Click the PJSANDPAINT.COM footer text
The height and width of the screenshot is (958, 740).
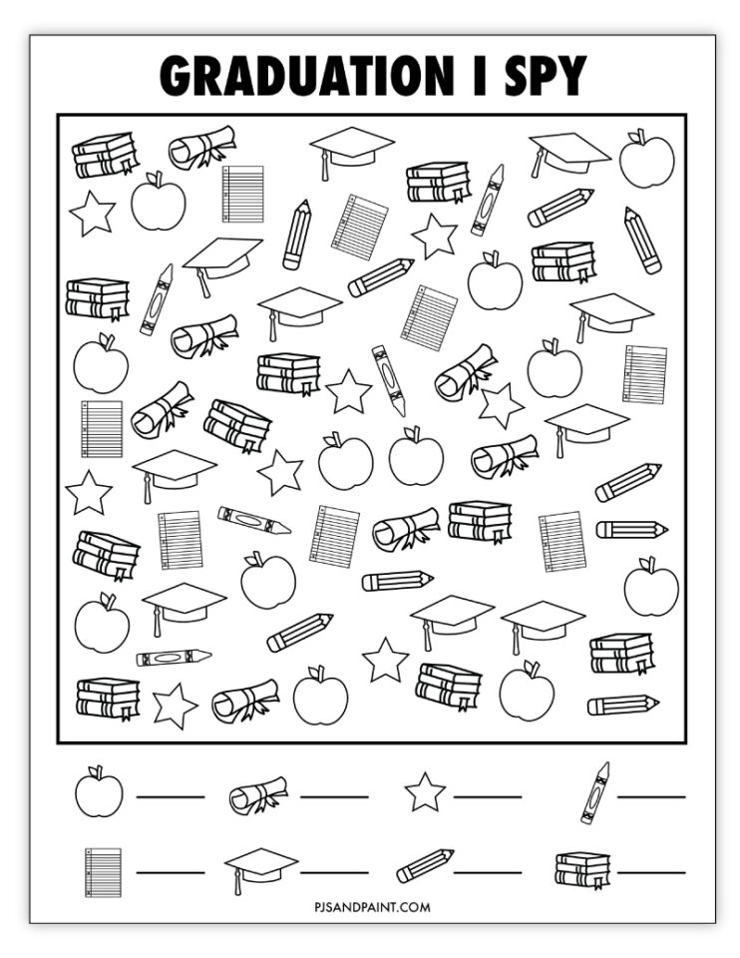point(370,907)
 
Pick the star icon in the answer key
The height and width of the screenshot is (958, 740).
point(425,793)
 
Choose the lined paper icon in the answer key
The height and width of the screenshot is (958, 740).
point(102,871)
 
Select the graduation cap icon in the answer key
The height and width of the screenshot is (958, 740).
point(260,868)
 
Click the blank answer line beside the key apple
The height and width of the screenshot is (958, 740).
point(171,796)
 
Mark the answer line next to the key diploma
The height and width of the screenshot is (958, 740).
point(333,796)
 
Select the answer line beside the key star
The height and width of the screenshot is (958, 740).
point(488,796)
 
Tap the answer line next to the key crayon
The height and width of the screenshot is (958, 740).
point(651,796)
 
